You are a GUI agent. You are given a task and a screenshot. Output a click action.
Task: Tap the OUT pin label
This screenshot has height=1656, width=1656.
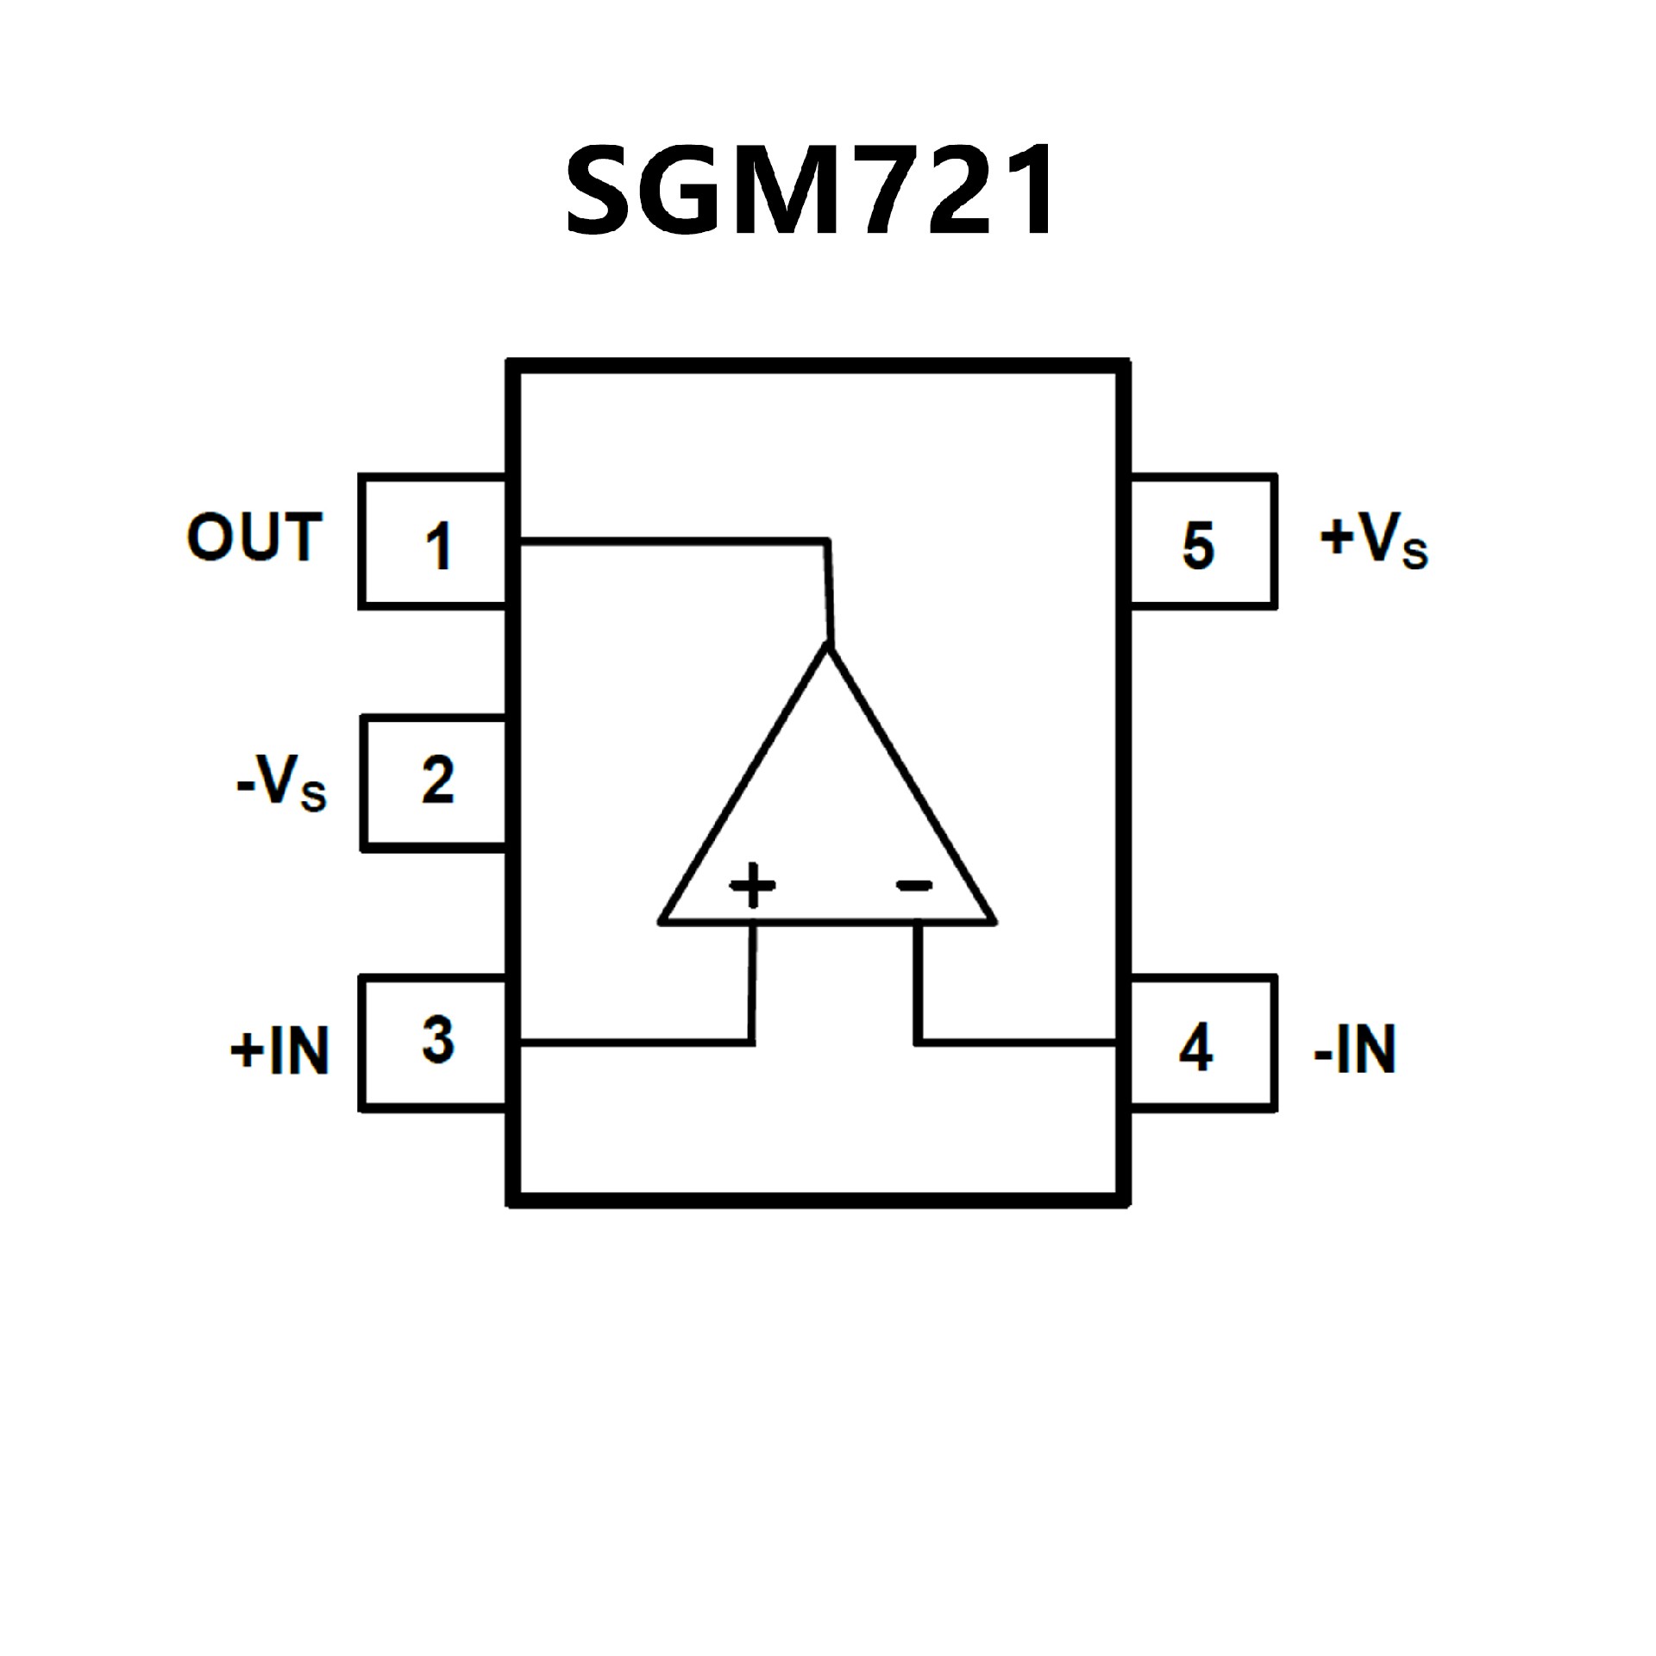[x=254, y=537]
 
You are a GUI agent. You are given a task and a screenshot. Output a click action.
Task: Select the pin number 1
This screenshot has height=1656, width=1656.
[x=439, y=547]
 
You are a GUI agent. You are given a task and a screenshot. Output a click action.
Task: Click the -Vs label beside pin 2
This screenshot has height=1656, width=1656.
[x=281, y=781]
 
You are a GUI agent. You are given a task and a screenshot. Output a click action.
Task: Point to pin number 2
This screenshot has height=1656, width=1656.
[x=438, y=781]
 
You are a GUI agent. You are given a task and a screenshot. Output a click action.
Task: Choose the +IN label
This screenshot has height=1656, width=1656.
[x=279, y=1051]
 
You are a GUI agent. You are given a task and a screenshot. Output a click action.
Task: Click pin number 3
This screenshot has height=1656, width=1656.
[x=438, y=1040]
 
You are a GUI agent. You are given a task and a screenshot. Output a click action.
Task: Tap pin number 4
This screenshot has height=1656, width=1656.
[x=1196, y=1049]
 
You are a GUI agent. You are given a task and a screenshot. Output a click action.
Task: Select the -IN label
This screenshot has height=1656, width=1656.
[x=1354, y=1050]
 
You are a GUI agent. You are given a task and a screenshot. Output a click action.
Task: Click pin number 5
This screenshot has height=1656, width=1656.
[x=1198, y=546]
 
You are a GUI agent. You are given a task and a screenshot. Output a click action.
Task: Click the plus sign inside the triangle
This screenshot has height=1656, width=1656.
[x=753, y=885]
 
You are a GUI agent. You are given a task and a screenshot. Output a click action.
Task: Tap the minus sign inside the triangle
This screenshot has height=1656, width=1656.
[x=914, y=885]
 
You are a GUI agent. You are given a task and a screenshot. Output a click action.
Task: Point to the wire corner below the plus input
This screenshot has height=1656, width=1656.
[x=752, y=1044]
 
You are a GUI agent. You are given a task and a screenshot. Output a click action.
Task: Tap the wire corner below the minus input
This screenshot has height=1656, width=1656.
[x=918, y=1043]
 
